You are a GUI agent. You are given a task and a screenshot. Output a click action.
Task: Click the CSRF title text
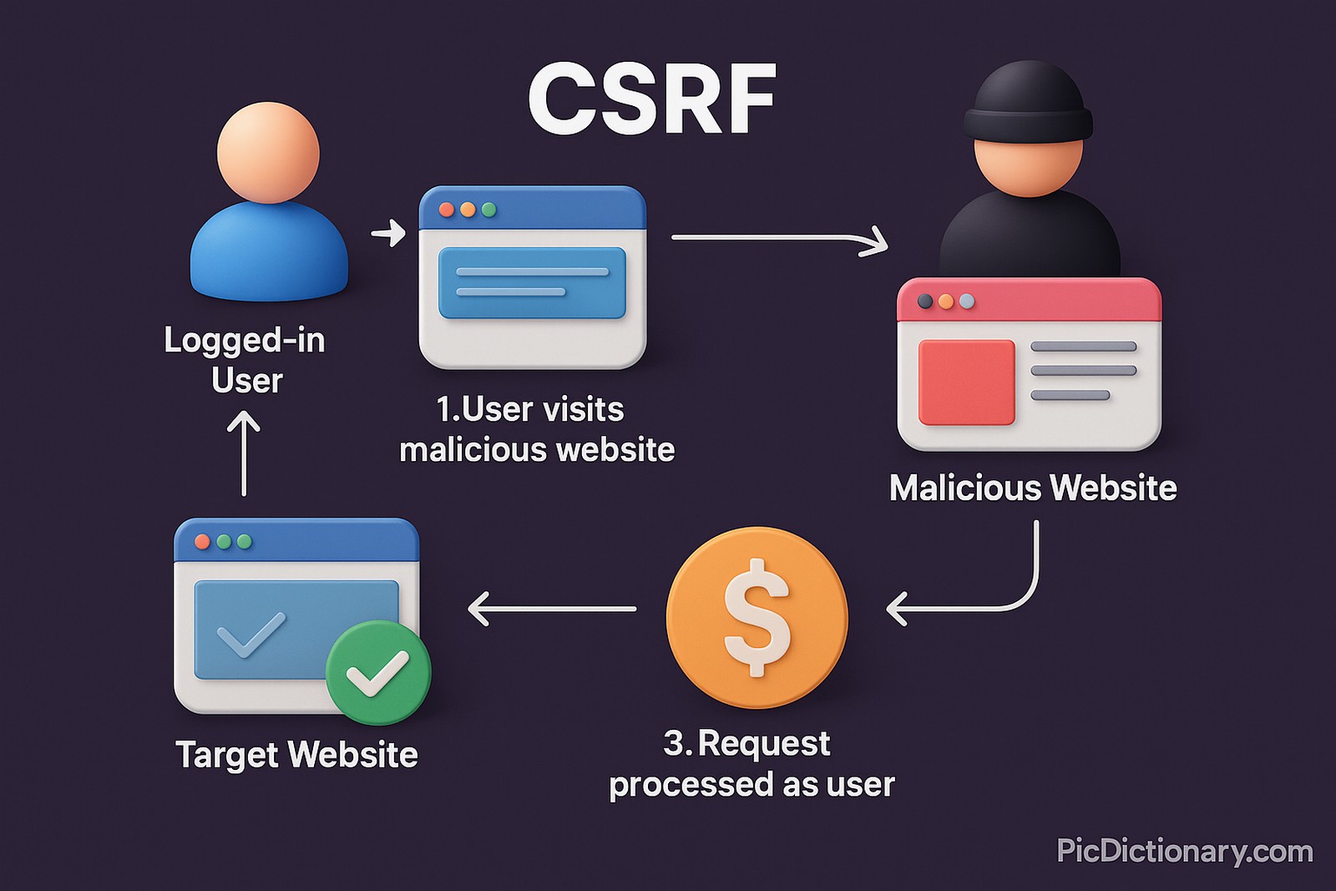[652, 99]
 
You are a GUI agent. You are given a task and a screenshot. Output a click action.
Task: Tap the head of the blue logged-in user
[268, 153]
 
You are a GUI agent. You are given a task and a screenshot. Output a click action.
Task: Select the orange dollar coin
[757, 617]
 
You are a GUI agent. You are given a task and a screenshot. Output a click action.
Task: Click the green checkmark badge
[378, 672]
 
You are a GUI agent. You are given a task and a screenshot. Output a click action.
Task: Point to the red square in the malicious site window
[966, 382]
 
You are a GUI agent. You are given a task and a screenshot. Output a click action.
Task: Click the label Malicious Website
[1033, 489]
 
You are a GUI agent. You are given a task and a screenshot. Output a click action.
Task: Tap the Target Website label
[296, 755]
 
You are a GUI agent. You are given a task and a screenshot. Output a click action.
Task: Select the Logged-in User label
[245, 360]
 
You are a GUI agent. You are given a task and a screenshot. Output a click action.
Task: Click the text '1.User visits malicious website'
[536, 429]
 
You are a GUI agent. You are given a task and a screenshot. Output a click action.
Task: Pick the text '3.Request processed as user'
[751, 764]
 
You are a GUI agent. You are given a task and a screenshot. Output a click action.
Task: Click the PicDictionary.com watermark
[1184, 851]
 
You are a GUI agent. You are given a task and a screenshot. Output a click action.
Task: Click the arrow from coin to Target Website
[551, 609]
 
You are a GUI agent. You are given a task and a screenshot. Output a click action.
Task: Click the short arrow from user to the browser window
[388, 232]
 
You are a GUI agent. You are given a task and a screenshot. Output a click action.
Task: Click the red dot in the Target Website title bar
[202, 542]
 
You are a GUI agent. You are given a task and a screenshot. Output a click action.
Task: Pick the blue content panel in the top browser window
[532, 282]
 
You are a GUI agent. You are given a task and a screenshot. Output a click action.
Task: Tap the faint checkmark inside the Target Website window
[250, 634]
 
